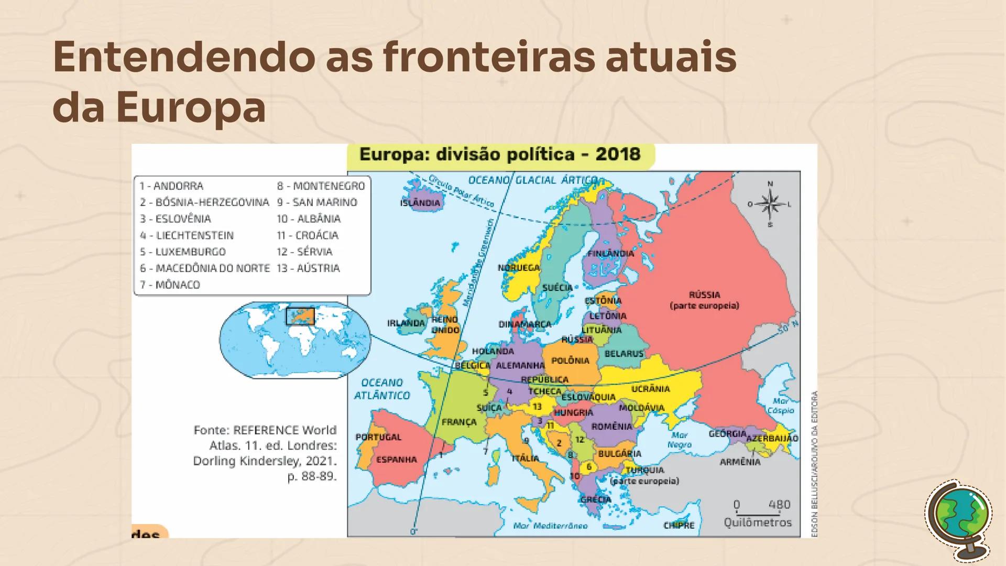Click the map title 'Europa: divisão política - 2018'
[x=500, y=154]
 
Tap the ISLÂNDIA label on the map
[x=420, y=203]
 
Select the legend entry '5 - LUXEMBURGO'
[x=182, y=252]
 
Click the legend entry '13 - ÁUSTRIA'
[x=308, y=268]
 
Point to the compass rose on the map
[x=770, y=204]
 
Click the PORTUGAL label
[x=378, y=437]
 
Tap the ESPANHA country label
[x=397, y=460]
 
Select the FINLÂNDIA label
[x=610, y=254]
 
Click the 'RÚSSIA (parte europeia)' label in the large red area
[x=704, y=300]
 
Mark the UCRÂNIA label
[x=650, y=389]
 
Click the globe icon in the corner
[x=958, y=519]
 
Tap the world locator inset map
[x=295, y=340]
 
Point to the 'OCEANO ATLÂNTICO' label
[x=381, y=389]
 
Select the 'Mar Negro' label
[x=679, y=440]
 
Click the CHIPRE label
[x=679, y=525]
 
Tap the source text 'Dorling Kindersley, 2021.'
[x=265, y=461]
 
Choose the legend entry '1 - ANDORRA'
[x=171, y=186]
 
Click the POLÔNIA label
[x=570, y=361]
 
